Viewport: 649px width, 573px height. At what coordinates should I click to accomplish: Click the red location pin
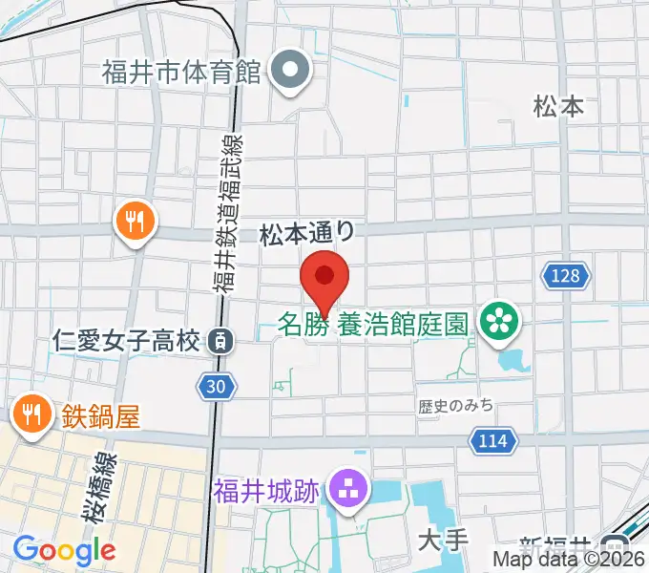point(324,280)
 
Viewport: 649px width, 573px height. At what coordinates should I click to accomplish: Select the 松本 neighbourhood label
point(558,106)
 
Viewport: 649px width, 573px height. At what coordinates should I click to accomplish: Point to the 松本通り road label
point(308,232)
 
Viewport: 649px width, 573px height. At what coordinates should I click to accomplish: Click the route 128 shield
point(563,277)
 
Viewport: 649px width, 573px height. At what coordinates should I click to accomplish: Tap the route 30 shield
point(217,386)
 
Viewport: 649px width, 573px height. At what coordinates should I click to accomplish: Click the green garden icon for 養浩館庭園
point(499,321)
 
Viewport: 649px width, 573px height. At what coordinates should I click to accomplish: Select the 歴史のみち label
point(455,406)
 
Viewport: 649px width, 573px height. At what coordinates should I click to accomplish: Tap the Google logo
point(63,550)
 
